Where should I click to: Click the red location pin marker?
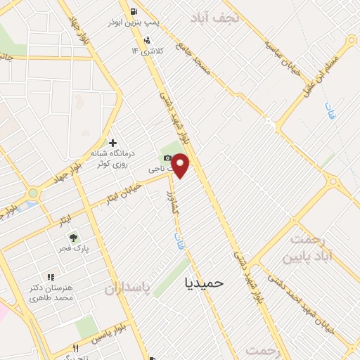point(181,165)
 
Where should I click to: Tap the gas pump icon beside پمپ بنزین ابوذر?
point(134,11)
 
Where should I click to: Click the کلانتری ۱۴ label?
point(146,51)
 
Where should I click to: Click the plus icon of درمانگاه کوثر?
point(112,143)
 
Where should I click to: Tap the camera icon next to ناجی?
point(167,157)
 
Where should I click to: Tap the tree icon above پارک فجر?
point(73,238)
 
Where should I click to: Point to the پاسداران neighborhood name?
point(128,289)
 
